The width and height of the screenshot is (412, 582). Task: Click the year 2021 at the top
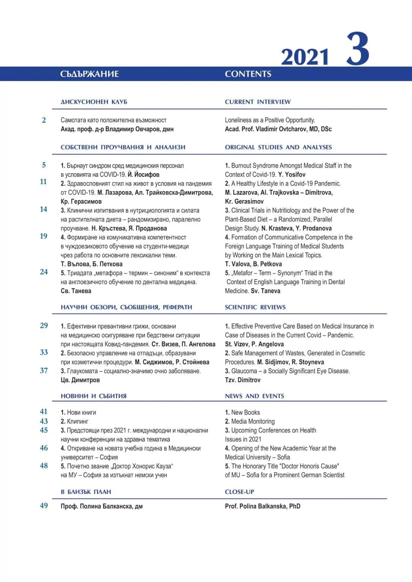pyautogui.click(x=305, y=57)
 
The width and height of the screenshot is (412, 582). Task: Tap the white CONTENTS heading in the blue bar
pyautogui.click(x=248, y=74)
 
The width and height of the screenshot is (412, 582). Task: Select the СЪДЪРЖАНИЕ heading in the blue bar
pyautogui.click(x=90, y=74)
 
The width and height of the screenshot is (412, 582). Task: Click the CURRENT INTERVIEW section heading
pyautogui.click(x=258, y=102)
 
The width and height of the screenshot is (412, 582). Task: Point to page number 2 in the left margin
pyautogui.click(x=44, y=120)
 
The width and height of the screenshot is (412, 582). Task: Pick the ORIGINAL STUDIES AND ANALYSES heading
pyautogui.click(x=278, y=147)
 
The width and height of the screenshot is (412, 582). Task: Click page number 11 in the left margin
pyautogui.click(x=43, y=181)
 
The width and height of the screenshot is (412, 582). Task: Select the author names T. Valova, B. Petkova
pyautogui.click(x=253, y=264)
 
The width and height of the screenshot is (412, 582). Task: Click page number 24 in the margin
pyautogui.click(x=44, y=272)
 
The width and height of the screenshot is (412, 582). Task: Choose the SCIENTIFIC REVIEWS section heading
pyautogui.click(x=255, y=307)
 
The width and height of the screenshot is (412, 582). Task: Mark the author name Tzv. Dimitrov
pyautogui.click(x=242, y=380)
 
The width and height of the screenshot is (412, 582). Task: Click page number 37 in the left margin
pyautogui.click(x=44, y=371)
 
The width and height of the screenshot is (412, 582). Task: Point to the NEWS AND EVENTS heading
pyautogui.click(x=254, y=396)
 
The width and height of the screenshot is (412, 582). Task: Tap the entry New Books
pyautogui.click(x=245, y=412)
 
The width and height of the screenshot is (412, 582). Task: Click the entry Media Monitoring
pyautogui.click(x=253, y=421)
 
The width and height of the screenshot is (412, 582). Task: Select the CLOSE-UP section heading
pyautogui.click(x=239, y=492)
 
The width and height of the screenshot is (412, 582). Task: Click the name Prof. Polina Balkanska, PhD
pyautogui.click(x=263, y=506)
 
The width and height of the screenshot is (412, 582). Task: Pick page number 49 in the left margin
pyautogui.click(x=44, y=505)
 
